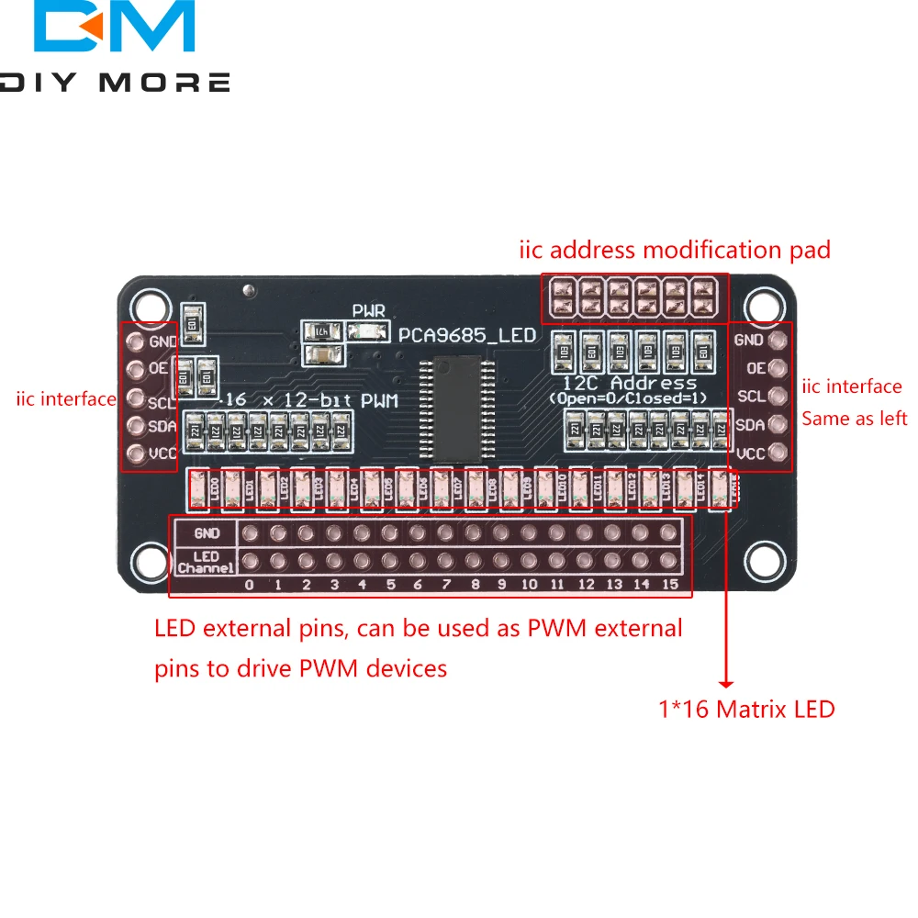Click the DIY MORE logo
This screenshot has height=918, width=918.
tap(115, 46)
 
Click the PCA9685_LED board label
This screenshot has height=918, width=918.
tap(466, 335)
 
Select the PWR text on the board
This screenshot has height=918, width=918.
tap(368, 311)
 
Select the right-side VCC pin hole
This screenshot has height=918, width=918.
tap(778, 453)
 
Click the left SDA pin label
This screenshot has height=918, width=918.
tap(162, 426)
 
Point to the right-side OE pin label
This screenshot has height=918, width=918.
tap(756, 368)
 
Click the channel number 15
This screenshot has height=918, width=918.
tap(670, 585)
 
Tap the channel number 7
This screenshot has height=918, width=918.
tap(446, 585)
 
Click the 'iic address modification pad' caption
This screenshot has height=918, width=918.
tap(675, 250)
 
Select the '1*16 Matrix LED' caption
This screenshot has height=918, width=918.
tap(746, 709)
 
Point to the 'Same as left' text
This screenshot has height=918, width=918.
tap(854, 419)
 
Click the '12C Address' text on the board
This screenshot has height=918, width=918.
tap(629, 383)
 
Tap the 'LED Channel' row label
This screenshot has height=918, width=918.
tap(205, 562)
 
